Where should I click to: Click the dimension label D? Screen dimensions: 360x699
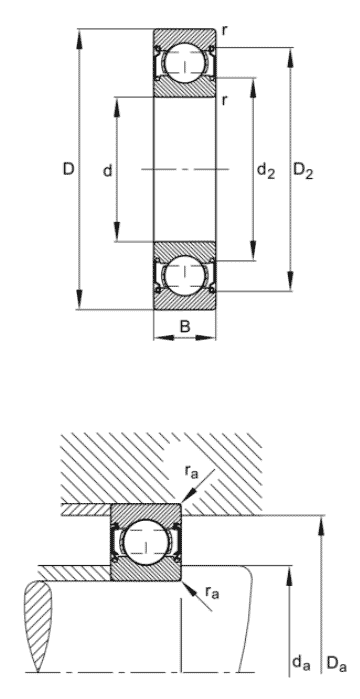pos(68,169)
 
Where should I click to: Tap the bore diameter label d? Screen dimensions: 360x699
pos(107,170)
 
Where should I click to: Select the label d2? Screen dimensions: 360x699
pos(266,171)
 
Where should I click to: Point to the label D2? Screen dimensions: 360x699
pos(303,171)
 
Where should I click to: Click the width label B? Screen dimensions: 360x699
pos(185,326)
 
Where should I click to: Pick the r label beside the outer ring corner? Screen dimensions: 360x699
pos(224,31)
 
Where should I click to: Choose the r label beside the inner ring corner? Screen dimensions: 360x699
pos(224,101)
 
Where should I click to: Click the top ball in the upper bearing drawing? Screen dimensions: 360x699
pos(184,63)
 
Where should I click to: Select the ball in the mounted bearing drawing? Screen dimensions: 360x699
pos(145,542)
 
